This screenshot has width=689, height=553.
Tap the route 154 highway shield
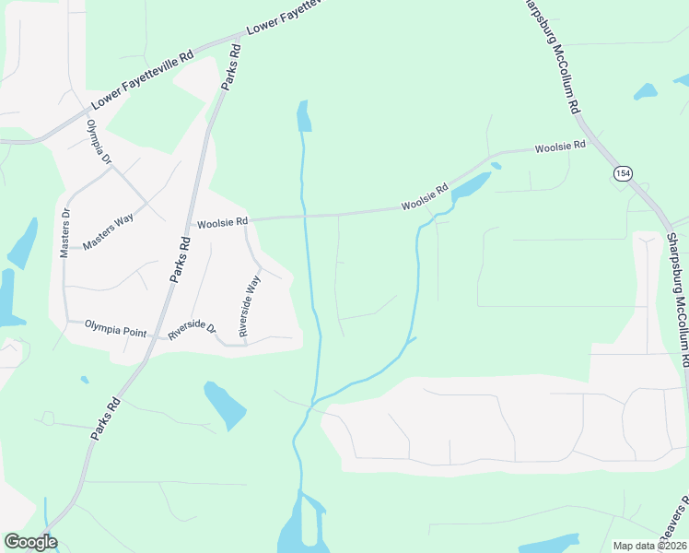[624, 173]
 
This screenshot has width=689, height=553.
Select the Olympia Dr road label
[99, 142]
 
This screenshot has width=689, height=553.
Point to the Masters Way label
[108, 233]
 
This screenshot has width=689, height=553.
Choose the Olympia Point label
[116, 324]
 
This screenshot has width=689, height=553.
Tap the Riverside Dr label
[192, 328]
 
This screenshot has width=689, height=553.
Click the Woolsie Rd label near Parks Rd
[222, 222]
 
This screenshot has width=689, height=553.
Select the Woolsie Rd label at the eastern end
[560, 147]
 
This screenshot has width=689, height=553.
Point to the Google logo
[30, 542]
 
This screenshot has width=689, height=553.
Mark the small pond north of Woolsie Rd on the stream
[303, 116]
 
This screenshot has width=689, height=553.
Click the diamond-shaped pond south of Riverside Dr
[225, 404]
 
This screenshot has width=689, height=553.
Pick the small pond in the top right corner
[645, 91]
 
